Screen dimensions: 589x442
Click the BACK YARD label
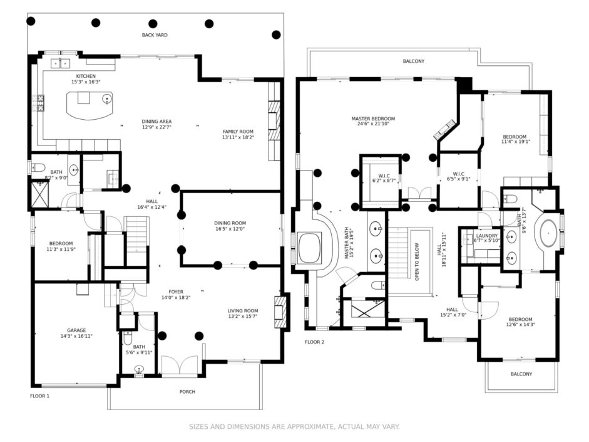(x=155, y=35)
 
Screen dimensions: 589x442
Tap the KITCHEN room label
(x=86, y=76)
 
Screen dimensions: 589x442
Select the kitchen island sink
(x=107, y=99)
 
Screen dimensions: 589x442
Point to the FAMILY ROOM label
(x=238, y=132)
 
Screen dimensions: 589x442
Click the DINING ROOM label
(x=230, y=223)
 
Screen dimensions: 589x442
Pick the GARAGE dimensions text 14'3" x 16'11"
(x=76, y=336)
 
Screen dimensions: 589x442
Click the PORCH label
(x=187, y=392)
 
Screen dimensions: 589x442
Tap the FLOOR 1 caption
(x=40, y=396)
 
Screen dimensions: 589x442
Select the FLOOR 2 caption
(x=314, y=342)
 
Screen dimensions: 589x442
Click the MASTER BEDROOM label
(x=374, y=119)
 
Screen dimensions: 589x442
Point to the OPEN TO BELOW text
(x=417, y=262)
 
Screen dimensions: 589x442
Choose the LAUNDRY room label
(x=487, y=236)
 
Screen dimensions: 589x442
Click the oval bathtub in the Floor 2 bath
(x=549, y=233)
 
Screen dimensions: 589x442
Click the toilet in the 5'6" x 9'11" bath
(x=128, y=338)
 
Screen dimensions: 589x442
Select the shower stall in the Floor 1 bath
(x=40, y=194)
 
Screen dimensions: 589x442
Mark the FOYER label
(x=176, y=292)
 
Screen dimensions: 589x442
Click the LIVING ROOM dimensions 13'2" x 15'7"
(x=243, y=317)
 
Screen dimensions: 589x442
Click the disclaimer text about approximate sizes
(x=294, y=426)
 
